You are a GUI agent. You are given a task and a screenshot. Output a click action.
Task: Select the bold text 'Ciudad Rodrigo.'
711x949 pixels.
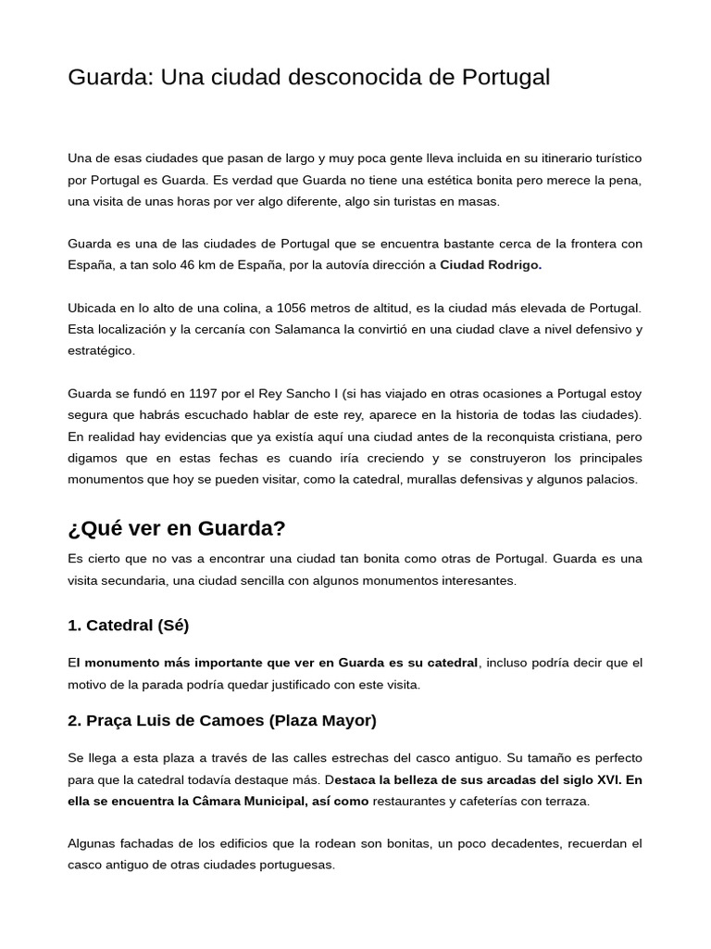pyautogui.click(x=491, y=265)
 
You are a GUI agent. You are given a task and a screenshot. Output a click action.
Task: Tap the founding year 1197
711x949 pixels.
pyautogui.click(x=203, y=393)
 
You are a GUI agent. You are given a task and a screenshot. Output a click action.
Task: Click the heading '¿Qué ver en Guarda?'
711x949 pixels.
pyautogui.click(x=177, y=528)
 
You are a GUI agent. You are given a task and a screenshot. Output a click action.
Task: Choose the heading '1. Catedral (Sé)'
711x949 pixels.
pyautogui.click(x=128, y=625)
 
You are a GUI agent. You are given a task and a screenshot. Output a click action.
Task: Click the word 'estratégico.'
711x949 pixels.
pyautogui.click(x=102, y=350)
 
